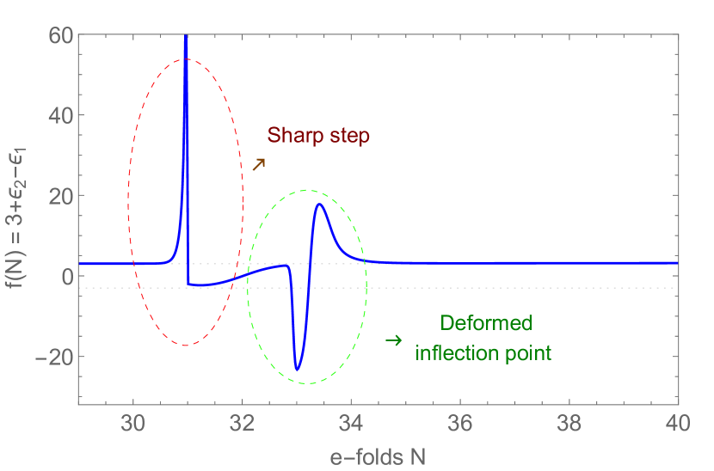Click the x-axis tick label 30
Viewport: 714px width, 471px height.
(133, 425)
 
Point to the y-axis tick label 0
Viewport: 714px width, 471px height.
(65, 276)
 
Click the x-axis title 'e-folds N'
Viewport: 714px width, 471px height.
(378, 457)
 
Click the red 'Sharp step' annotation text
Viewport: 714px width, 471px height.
(318, 136)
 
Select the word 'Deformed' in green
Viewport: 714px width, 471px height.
(486, 324)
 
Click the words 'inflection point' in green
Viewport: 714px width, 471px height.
(483, 352)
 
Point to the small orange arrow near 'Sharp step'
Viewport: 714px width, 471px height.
(258, 163)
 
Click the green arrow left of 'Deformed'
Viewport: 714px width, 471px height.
(393, 340)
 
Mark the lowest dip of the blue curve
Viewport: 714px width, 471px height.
(298, 370)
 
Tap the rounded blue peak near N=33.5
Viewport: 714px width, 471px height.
(320, 205)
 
